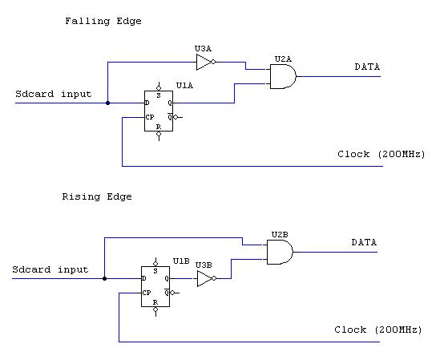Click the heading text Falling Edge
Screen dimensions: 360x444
(x=103, y=21)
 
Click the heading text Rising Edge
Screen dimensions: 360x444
(x=97, y=196)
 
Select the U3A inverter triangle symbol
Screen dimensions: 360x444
(x=205, y=63)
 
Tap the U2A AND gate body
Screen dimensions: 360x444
(x=282, y=76)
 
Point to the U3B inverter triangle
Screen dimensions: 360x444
(x=205, y=279)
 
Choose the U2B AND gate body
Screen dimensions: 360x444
(x=279, y=252)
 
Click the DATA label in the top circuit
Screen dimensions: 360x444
(x=368, y=67)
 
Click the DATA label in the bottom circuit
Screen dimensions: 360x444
(x=365, y=241)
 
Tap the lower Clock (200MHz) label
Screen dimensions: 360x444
(x=373, y=330)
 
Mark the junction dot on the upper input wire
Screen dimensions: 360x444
(x=107, y=103)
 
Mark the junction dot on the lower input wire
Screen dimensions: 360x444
(x=104, y=279)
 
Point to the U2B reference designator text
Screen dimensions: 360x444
(x=279, y=234)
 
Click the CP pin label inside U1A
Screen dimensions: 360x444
(x=149, y=117)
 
